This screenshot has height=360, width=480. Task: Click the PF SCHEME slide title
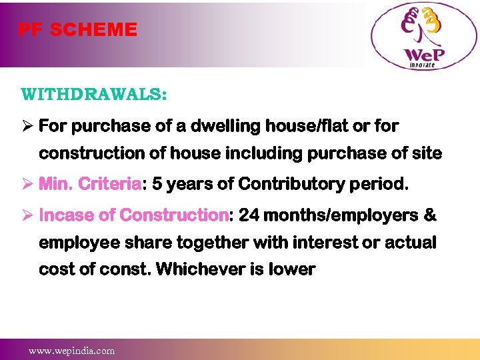(77, 30)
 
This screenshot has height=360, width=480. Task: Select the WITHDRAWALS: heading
(93, 93)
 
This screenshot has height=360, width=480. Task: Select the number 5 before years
(157, 184)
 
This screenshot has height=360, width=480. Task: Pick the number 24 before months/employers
(249, 215)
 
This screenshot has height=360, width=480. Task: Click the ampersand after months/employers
(430, 215)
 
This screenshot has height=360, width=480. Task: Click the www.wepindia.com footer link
(71, 351)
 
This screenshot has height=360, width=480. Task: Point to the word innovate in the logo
(421, 65)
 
